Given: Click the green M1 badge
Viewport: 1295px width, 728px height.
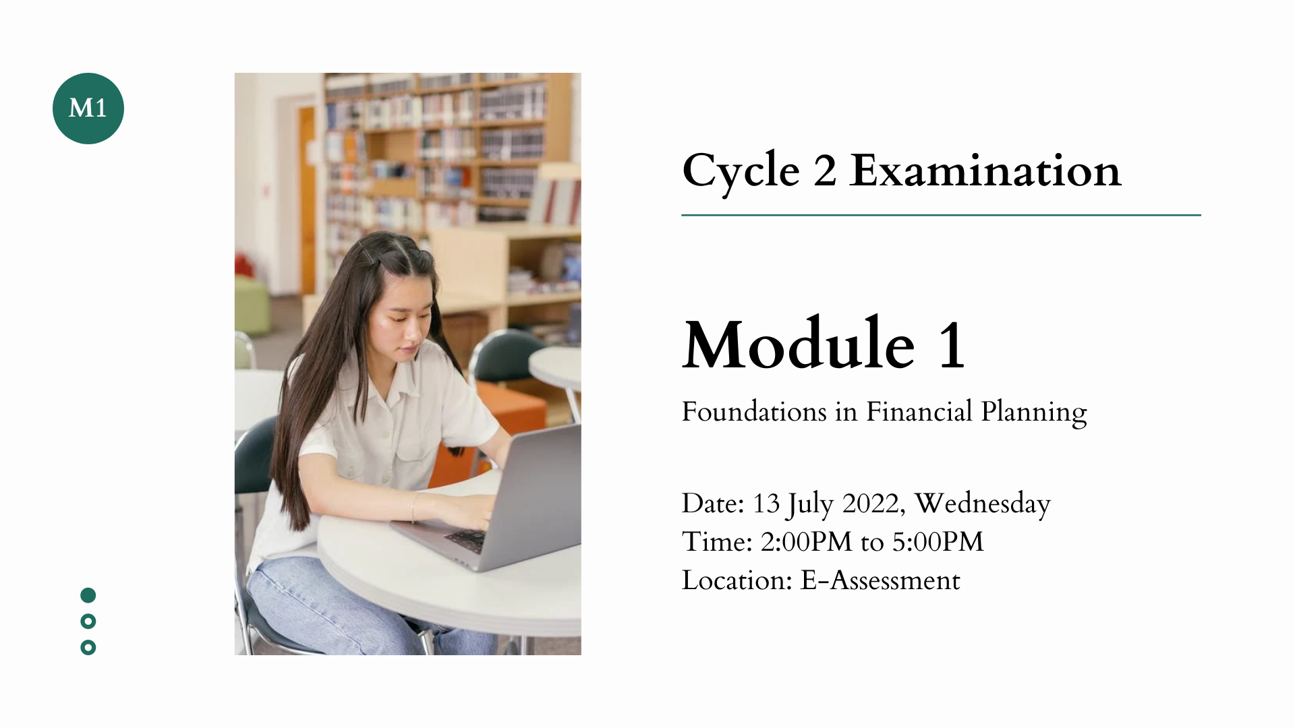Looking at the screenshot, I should click(x=88, y=109).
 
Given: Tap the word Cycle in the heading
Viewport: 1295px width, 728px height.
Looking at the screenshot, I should click(x=740, y=171).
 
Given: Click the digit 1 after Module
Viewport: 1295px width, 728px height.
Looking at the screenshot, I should click(x=951, y=346).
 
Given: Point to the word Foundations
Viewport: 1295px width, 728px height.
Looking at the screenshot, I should click(x=753, y=412).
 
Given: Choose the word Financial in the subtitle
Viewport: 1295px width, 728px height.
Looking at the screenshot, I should click(x=919, y=412).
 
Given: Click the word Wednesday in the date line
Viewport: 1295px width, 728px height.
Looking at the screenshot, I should click(x=982, y=504).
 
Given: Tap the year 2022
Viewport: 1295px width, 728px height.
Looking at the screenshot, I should click(x=870, y=504).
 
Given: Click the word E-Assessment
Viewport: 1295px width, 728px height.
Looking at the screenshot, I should click(x=880, y=580).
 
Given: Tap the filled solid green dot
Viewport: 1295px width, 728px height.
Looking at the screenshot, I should click(x=88, y=595).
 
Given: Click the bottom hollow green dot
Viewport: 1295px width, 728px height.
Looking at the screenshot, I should click(x=88, y=648).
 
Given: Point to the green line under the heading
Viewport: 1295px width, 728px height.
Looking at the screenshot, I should click(x=941, y=215).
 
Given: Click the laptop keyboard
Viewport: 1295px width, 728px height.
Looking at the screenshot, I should click(x=467, y=539).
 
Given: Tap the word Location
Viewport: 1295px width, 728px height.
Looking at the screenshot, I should click(x=735, y=580).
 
